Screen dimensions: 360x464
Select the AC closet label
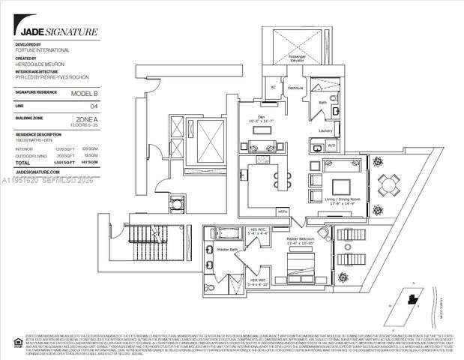[274, 86]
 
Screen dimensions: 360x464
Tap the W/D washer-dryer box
[331, 144]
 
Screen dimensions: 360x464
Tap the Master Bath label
[227, 249]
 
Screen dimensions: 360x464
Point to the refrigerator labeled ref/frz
[283, 212]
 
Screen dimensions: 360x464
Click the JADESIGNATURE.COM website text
[43, 172]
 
